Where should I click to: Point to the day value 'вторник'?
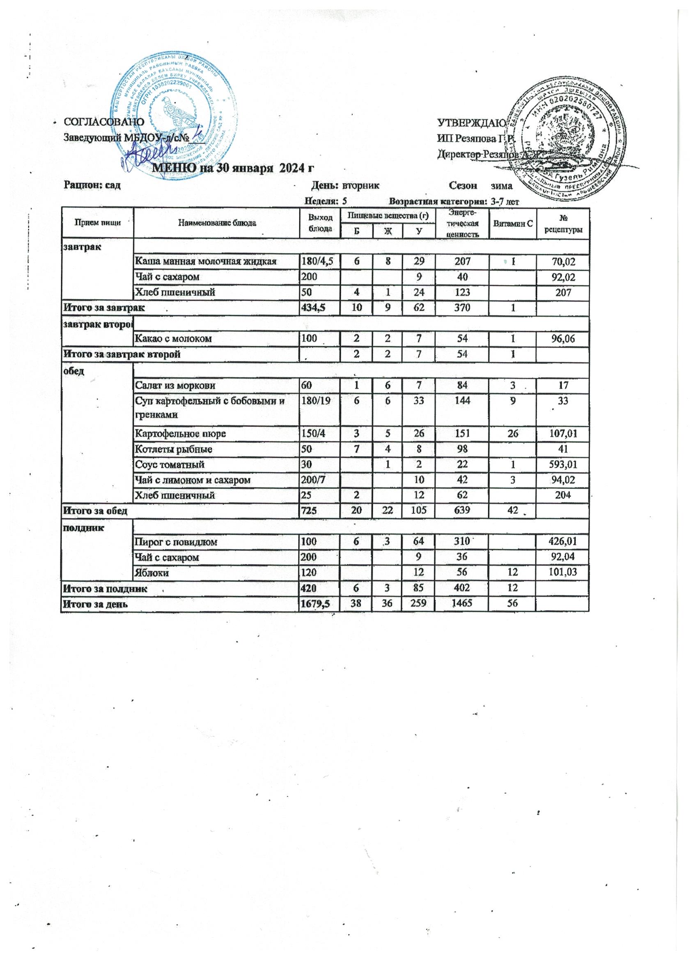pos(360,186)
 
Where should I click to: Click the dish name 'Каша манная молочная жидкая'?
pos(206,261)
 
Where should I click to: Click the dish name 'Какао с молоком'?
pos(174,339)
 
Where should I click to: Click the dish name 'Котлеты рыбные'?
pos(174,449)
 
